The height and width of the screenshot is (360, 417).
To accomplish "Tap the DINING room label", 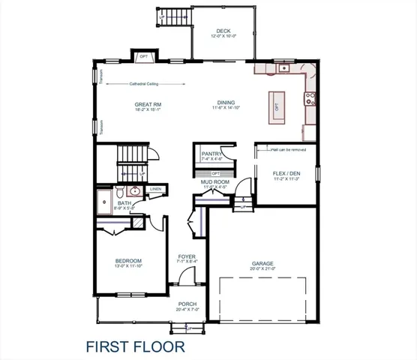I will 226,104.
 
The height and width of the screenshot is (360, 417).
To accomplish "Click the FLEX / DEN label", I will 286,175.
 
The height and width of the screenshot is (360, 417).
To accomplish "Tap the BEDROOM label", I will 127,261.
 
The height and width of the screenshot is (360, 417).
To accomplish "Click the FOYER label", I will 187,257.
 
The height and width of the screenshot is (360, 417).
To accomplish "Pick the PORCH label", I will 187,304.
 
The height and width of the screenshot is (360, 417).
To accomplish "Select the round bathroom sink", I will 135,190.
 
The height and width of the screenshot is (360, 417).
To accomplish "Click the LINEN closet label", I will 155,189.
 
